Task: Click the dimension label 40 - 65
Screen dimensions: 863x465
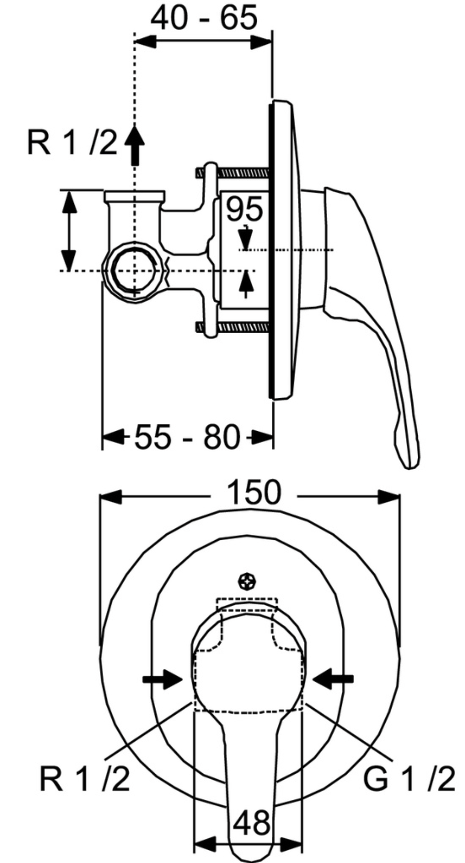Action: [203, 19]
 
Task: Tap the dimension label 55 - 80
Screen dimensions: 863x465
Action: [187, 437]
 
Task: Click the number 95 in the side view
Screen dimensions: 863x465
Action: [244, 209]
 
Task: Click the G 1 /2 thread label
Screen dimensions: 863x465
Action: [409, 779]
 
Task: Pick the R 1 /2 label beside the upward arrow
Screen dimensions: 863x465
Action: [72, 143]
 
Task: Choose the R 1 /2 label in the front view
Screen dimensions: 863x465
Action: [85, 779]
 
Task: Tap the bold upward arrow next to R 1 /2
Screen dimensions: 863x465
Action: [134, 142]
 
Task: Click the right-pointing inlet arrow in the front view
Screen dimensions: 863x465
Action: [163, 679]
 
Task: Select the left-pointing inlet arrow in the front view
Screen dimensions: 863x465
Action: [333, 679]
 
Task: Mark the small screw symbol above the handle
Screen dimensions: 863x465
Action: [246, 582]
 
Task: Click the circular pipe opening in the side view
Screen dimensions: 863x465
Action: [133, 270]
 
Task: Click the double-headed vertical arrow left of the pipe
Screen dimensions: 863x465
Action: [69, 230]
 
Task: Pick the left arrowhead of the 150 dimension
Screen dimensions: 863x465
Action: [110, 496]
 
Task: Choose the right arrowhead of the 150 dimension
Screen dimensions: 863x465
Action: [389, 496]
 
